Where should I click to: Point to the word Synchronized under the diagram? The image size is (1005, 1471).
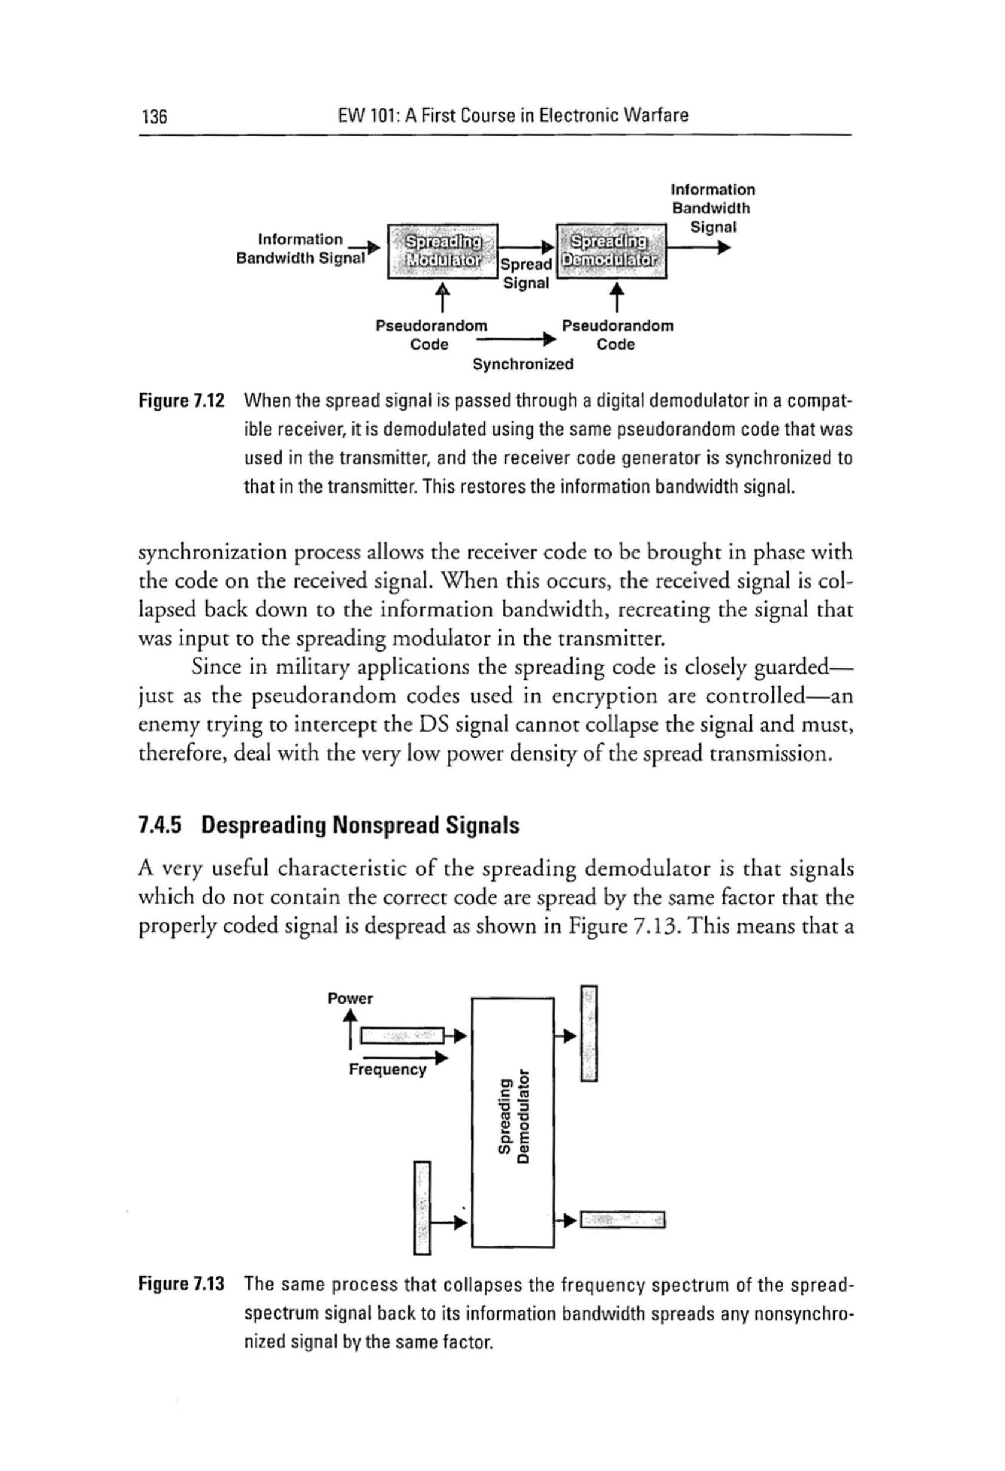click(x=523, y=365)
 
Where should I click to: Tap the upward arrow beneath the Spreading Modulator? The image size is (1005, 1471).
click(x=442, y=297)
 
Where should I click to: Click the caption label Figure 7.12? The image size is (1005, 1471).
click(x=182, y=402)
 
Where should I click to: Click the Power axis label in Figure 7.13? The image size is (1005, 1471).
click(x=350, y=999)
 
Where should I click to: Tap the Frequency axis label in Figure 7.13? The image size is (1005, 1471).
click(x=387, y=1070)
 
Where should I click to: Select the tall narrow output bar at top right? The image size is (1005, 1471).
click(x=589, y=1033)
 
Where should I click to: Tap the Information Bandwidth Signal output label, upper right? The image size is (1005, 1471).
click(x=713, y=208)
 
